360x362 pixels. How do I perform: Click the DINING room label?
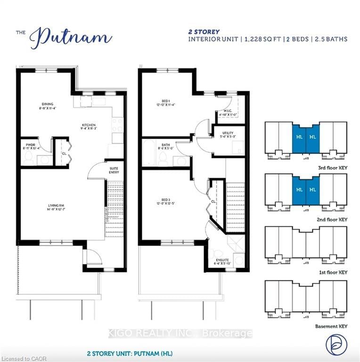coord(47,104)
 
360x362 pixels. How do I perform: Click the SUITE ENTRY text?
coord(114,171)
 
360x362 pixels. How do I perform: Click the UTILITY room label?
coord(228,134)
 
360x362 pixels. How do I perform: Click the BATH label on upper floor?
coord(165,145)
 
